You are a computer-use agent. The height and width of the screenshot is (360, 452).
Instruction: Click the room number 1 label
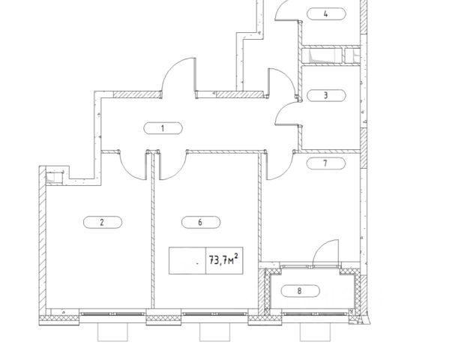(162, 128)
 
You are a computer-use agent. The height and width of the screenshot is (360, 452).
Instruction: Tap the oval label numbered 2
(100, 221)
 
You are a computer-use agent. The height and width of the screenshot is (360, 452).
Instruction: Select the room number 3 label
(325, 95)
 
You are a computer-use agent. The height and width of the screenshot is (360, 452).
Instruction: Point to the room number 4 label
(325, 13)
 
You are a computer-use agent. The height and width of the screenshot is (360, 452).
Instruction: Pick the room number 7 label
(325, 162)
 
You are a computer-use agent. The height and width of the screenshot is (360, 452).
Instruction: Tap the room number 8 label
(300, 290)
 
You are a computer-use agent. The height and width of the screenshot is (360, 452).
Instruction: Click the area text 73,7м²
(217, 261)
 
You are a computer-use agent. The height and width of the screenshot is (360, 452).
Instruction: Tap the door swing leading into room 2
(133, 165)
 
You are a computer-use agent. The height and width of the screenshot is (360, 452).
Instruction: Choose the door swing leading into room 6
(171, 163)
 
